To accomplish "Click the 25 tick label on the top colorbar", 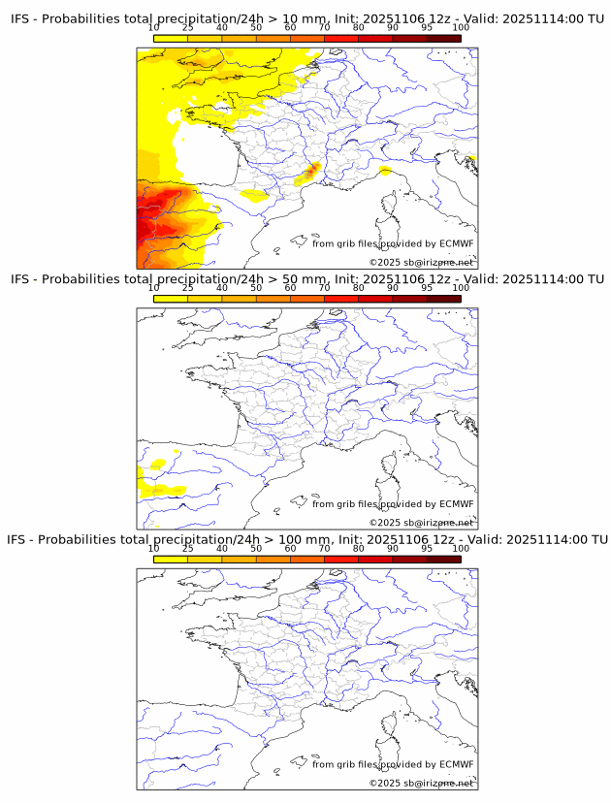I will point(187,27).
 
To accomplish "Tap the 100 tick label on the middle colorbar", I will point(461,288).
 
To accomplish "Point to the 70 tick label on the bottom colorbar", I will point(324,548).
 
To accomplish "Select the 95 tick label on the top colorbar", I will point(427,27).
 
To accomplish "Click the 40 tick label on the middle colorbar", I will point(222,288).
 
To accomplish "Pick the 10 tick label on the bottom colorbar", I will point(153,548).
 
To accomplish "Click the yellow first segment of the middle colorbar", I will point(170,298).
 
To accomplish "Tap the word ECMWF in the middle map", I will point(456,504).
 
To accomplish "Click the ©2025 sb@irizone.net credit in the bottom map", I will point(421,783).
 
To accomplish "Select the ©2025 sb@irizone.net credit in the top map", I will point(421,262).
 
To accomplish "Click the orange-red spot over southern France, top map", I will point(310,173).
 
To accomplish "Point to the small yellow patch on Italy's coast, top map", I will point(385,171).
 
